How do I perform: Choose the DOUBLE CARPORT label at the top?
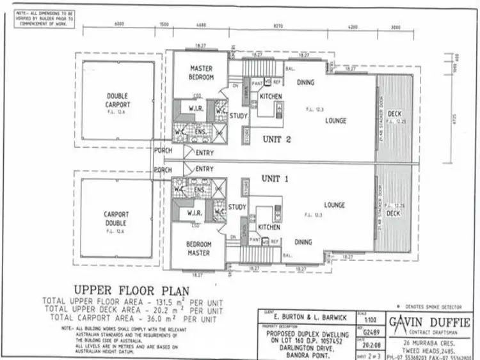click(x=118, y=100)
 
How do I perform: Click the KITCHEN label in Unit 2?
click(x=271, y=96)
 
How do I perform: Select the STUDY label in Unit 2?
click(x=238, y=116)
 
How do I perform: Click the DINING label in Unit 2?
click(x=307, y=81)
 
